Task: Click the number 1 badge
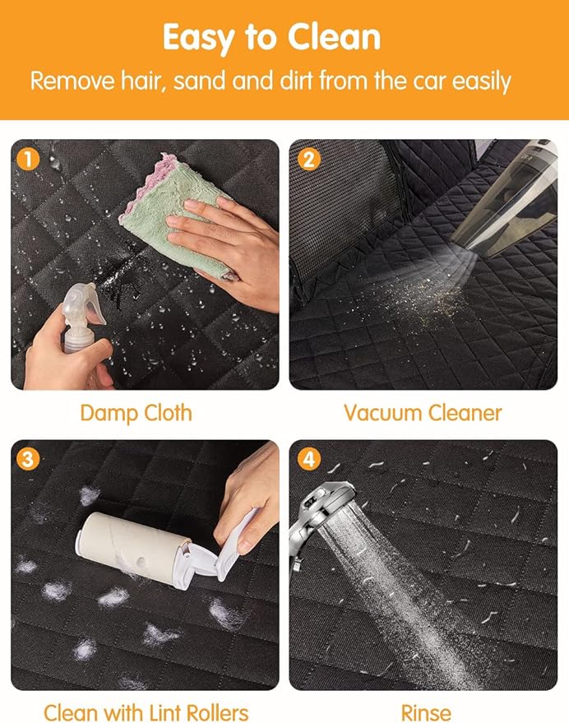(x=28, y=160)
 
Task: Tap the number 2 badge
(x=309, y=160)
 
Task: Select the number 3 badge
(x=28, y=459)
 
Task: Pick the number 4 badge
(x=309, y=459)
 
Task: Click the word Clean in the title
(x=335, y=37)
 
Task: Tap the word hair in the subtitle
(x=143, y=81)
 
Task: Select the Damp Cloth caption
(x=136, y=413)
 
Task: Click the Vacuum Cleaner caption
(x=423, y=413)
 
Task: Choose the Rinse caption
(x=426, y=712)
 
